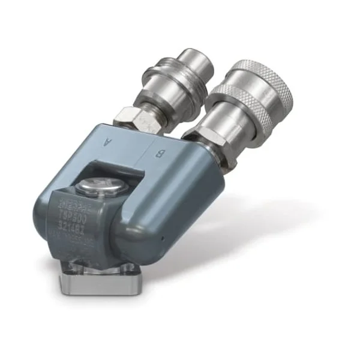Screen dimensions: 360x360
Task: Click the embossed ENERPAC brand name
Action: (x=75, y=211)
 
